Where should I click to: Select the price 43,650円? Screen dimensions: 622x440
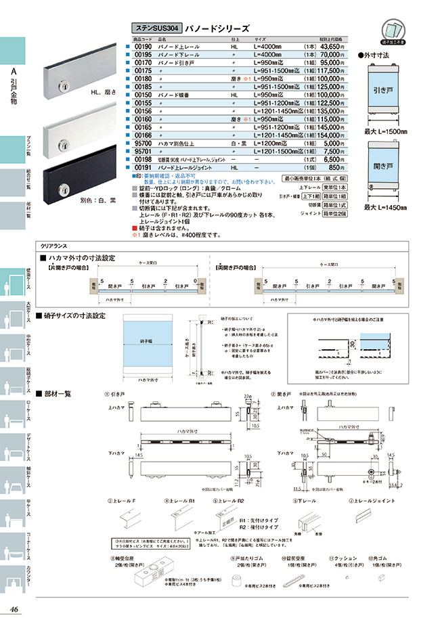point(331,45)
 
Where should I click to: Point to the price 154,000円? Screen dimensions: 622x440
point(331,136)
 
